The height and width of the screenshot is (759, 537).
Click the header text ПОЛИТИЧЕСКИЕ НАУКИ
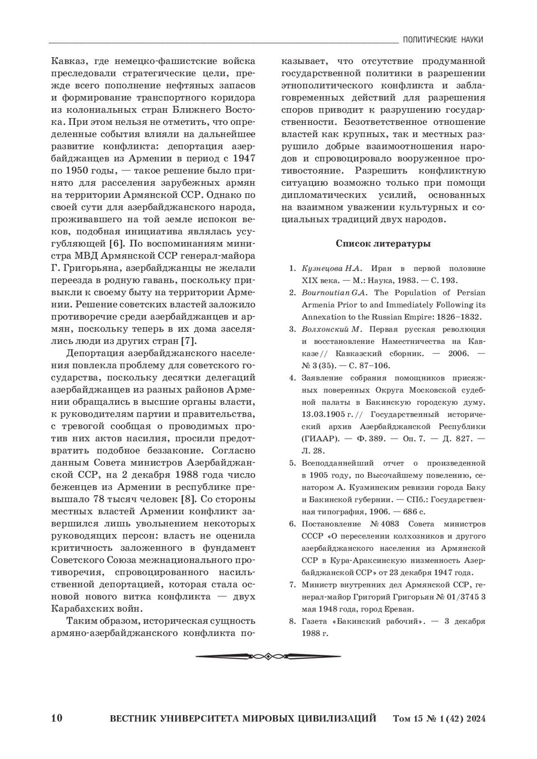coord(443,40)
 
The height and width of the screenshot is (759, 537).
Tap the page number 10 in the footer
coord(57,719)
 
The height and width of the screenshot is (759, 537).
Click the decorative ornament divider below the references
coord(268,656)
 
